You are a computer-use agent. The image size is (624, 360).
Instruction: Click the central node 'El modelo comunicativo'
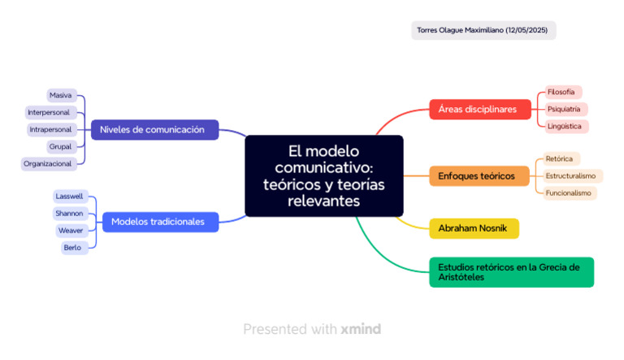[323, 176]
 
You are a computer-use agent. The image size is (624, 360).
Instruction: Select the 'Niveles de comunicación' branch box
[154, 129]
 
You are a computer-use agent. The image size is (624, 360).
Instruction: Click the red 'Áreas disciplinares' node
[479, 109]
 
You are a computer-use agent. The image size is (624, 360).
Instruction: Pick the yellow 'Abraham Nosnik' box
[473, 228]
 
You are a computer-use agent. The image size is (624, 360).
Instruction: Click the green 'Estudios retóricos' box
[511, 271]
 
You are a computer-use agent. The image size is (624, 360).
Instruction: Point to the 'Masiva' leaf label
[61, 95]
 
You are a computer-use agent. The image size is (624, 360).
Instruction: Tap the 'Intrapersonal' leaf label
[51, 129]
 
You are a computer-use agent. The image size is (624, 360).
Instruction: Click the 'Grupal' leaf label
[61, 146]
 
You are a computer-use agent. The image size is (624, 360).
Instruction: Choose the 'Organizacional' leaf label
[48, 163]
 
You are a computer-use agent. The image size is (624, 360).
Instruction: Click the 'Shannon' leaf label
[69, 213]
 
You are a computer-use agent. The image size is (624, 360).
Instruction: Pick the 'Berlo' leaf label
[73, 247]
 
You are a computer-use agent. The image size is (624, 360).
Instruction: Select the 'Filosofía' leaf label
[561, 92]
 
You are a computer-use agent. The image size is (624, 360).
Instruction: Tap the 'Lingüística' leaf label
[565, 126]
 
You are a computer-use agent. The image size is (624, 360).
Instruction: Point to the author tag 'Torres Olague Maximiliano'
[483, 30]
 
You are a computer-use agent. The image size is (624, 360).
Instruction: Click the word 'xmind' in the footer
[361, 329]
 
